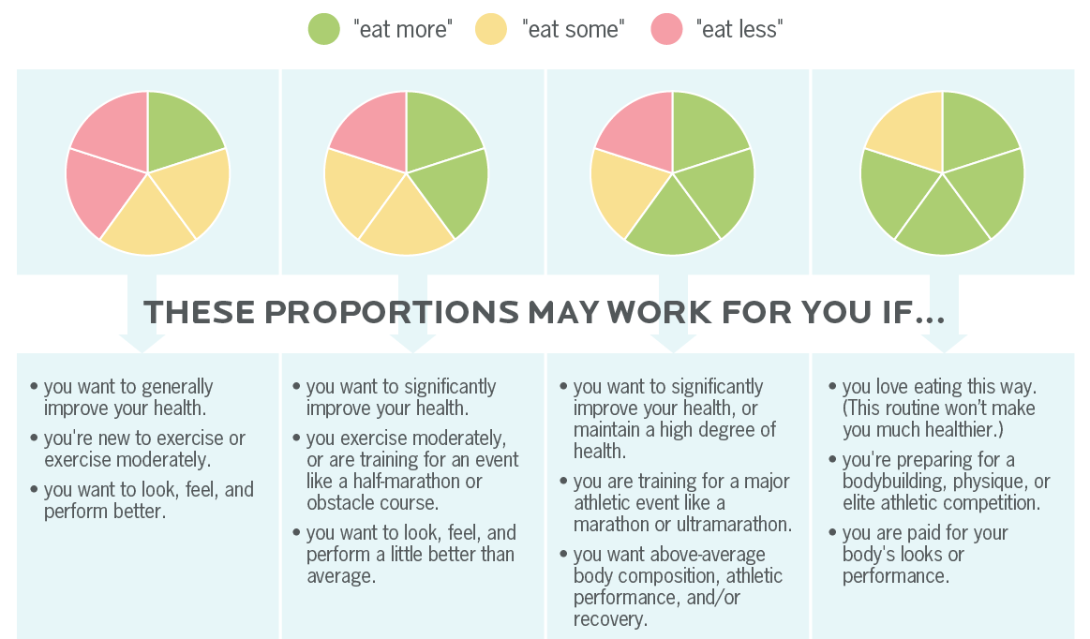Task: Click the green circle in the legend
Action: [324, 29]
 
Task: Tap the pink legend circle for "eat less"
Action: [666, 29]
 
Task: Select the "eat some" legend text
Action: [573, 29]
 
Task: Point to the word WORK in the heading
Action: [660, 312]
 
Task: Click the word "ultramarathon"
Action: [734, 525]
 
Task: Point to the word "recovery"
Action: [610, 618]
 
